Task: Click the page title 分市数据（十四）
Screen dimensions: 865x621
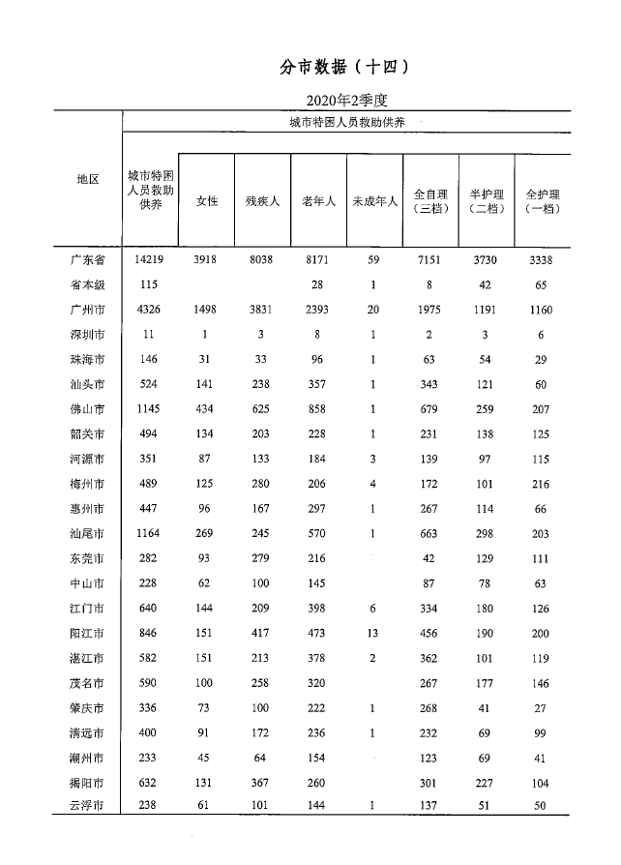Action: (x=345, y=67)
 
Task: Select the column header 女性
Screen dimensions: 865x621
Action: (x=206, y=201)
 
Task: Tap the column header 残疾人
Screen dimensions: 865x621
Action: (x=262, y=201)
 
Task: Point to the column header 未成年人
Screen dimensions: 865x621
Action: (x=374, y=201)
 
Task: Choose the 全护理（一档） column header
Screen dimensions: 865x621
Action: (x=542, y=201)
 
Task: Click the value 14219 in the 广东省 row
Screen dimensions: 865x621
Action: (x=150, y=259)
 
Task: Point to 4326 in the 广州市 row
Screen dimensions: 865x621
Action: (x=150, y=310)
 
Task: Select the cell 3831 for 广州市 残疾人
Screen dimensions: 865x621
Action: (x=262, y=310)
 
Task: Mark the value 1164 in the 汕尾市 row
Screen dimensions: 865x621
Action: (x=150, y=533)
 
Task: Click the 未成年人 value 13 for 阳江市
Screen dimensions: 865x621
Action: (x=374, y=634)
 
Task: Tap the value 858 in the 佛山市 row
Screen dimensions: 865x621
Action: (x=318, y=409)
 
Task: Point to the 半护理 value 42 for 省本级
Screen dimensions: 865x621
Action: (x=485, y=284)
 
